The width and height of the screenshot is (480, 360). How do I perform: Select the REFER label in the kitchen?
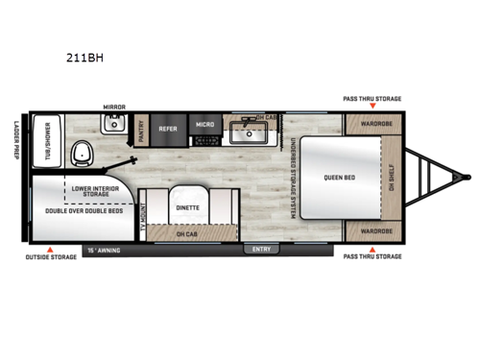168,127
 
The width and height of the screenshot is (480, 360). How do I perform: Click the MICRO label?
204,127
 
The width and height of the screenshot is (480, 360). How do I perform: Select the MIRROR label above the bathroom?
114,108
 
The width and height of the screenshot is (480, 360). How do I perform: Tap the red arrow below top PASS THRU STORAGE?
372,108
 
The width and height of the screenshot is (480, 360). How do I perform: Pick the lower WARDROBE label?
370,231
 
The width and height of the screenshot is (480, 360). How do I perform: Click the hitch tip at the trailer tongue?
469,177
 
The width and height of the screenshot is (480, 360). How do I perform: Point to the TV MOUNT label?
142,221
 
